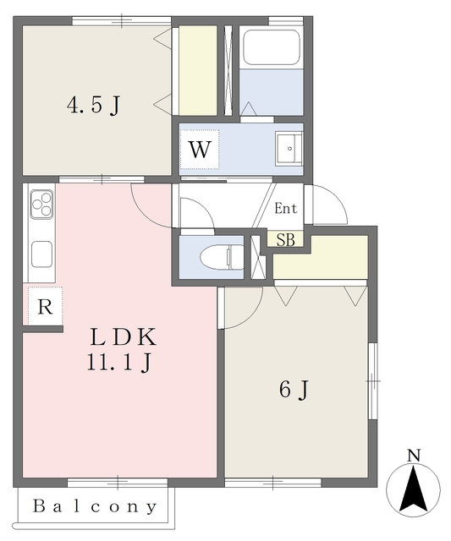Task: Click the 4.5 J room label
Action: pos(94,106)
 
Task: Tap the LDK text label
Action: pos(124,337)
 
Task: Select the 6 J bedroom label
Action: pos(293,390)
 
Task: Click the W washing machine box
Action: pos(200,150)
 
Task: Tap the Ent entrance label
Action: pos(285,208)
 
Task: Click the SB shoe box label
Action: pos(285,239)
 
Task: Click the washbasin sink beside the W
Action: pos(289,150)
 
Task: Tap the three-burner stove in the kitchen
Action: pos(41,204)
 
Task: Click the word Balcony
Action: pos(96,507)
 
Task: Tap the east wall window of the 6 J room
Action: pos(372,381)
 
